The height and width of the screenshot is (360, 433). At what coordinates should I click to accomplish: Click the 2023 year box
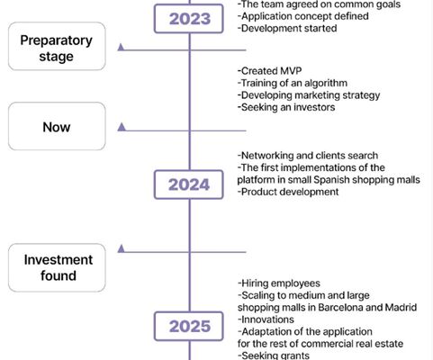(x=189, y=19)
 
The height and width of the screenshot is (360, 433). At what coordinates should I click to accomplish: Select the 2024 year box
(x=189, y=184)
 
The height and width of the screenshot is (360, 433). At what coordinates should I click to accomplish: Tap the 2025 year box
(x=189, y=326)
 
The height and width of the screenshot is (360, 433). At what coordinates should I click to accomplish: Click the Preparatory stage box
(x=57, y=46)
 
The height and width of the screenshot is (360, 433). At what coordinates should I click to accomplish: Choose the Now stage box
(x=57, y=126)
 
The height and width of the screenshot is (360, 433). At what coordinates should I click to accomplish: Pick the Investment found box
(x=57, y=267)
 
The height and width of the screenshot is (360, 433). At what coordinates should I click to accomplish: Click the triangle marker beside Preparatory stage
(x=122, y=47)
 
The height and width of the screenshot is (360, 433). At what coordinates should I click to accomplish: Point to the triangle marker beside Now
(x=122, y=127)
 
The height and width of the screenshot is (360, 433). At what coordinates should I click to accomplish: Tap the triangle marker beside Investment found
(x=122, y=248)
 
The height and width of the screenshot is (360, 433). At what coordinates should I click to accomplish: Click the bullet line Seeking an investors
(x=286, y=107)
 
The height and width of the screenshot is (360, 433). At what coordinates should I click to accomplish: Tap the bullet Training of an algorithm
(x=293, y=83)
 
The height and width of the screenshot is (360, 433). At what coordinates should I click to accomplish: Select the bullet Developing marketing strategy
(x=309, y=95)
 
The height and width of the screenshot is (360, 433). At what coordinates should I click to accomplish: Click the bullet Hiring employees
(x=279, y=283)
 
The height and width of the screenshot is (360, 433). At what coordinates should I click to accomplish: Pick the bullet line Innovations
(x=266, y=319)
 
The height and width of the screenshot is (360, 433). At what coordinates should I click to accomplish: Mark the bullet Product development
(x=288, y=192)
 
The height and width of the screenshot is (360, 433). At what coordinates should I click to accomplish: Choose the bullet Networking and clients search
(x=308, y=156)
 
